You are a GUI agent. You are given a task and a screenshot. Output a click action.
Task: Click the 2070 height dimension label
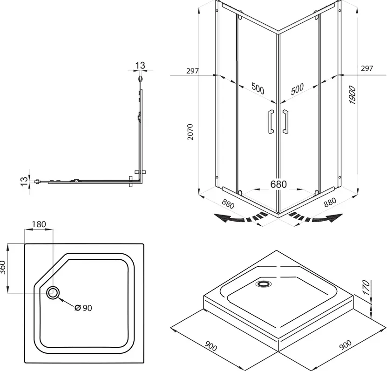[x=190, y=132]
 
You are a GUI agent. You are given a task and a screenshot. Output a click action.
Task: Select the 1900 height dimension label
[x=353, y=95]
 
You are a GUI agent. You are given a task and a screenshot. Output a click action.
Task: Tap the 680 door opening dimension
[x=278, y=184]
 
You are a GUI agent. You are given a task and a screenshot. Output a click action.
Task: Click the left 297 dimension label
[x=192, y=71]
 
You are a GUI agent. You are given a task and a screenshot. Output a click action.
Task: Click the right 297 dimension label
[x=367, y=68]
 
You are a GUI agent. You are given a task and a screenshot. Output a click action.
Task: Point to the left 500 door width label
[x=258, y=88]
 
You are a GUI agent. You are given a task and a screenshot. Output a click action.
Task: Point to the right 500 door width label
[x=297, y=89]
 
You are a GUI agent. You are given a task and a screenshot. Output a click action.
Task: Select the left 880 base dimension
[x=228, y=203]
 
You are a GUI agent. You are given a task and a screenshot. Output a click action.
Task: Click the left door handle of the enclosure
[x=271, y=121]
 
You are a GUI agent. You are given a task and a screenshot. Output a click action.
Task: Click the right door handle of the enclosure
[x=285, y=121]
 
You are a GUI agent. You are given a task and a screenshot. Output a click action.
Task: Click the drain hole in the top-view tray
[x=53, y=293]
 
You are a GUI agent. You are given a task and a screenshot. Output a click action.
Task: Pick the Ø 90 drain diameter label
[x=83, y=308]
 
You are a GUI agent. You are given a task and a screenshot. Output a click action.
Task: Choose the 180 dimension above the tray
[x=39, y=224]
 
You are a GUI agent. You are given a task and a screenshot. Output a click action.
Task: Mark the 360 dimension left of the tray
[x=3, y=267]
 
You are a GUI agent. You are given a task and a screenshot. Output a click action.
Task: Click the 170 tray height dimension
[x=366, y=288]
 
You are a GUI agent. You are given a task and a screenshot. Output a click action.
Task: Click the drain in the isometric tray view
[x=264, y=283]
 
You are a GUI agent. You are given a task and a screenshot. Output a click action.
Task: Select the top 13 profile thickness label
[x=140, y=65]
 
